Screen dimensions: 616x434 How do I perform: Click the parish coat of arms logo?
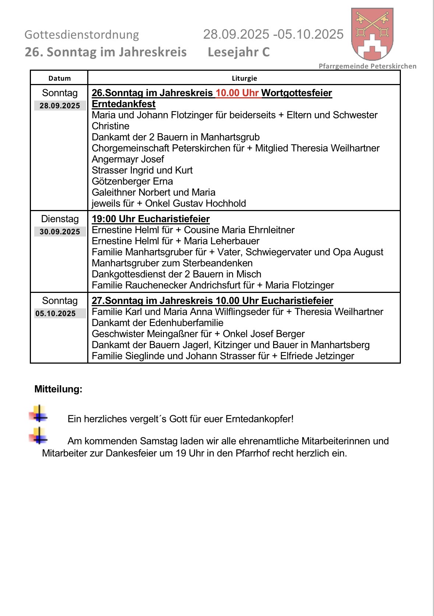coord(372,34)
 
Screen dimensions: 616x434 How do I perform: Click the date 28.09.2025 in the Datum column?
coord(60,106)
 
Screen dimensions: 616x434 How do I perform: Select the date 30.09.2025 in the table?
coord(60,232)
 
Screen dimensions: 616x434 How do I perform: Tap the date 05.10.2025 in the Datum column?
coord(56,314)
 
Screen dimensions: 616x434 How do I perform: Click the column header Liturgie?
coord(244,78)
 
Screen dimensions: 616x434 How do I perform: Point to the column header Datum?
coord(59,78)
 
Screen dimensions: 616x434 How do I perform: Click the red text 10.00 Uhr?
coord(237,93)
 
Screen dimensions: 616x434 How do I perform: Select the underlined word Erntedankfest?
coord(123,104)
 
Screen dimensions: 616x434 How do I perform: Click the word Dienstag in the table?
coord(60,219)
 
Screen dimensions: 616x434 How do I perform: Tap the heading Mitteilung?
coord(58,389)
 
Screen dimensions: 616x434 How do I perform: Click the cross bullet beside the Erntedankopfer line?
coord(39,414)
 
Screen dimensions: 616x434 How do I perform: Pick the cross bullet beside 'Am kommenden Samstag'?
coord(39,436)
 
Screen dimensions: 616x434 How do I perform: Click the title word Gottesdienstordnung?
coord(82,35)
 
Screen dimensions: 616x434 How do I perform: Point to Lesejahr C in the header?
coord(239,52)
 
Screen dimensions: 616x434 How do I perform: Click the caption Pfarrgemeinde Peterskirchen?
coord(367,66)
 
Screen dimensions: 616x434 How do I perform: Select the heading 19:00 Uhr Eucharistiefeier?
coord(151,219)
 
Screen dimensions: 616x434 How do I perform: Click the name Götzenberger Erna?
coord(132,181)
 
